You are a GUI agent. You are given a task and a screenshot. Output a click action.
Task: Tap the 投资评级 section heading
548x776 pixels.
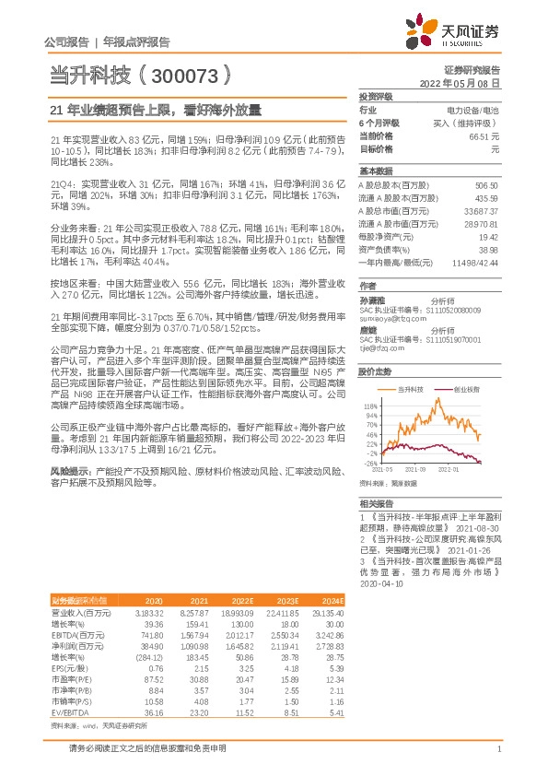(376, 96)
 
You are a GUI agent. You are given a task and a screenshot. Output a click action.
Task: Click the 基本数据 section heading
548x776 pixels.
(376, 171)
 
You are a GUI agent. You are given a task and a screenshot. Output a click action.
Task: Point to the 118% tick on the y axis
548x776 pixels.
(371, 405)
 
